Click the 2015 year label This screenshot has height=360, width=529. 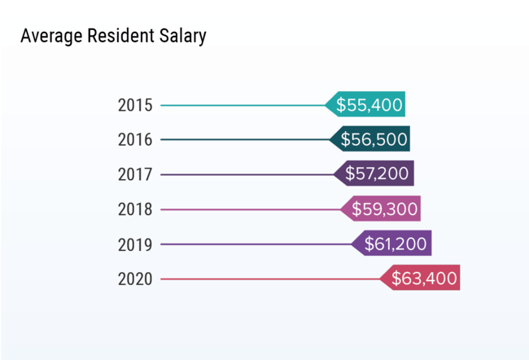(x=134, y=105)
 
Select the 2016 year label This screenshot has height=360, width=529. (x=134, y=140)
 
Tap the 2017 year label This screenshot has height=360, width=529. (x=134, y=174)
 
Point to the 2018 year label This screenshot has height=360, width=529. (x=134, y=209)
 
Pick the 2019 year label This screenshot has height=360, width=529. (x=134, y=244)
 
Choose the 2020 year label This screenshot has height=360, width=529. (x=134, y=279)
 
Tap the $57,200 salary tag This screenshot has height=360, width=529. (x=376, y=173)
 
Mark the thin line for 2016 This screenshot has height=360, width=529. (x=245, y=140)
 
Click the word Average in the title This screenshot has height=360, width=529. (x=47, y=37)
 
